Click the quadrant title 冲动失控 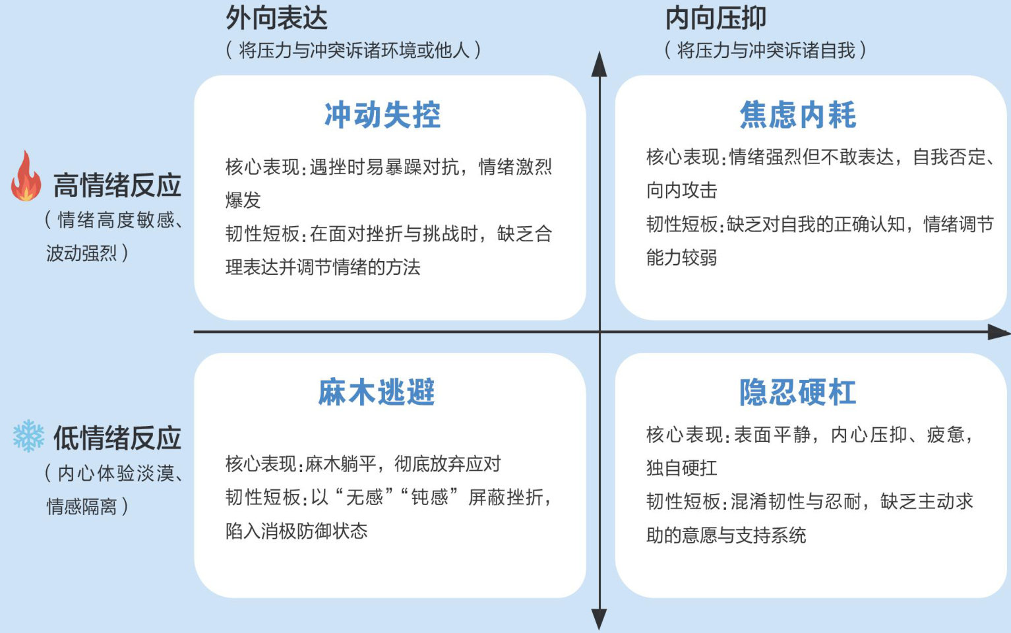tap(383, 115)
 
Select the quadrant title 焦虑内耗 tap(798, 115)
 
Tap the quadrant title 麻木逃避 tap(377, 392)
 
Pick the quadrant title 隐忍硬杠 tap(798, 392)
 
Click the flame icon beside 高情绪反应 tap(26, 177)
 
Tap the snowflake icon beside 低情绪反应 tap(28, 436)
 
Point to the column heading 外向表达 tap(277, 18)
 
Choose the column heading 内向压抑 tap(716, 18)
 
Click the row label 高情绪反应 tap(117, 186)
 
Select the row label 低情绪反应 tap(117, 438)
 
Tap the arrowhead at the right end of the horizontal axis tap(998, 332)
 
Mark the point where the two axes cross tap(599, 332)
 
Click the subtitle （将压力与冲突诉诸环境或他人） tap(353, 50)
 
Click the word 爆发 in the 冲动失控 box tap(243, 200)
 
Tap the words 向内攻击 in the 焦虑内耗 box tap(681, 191)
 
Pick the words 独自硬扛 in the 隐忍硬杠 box tap(681, 468)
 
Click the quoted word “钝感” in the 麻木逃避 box tap(429, 497)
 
